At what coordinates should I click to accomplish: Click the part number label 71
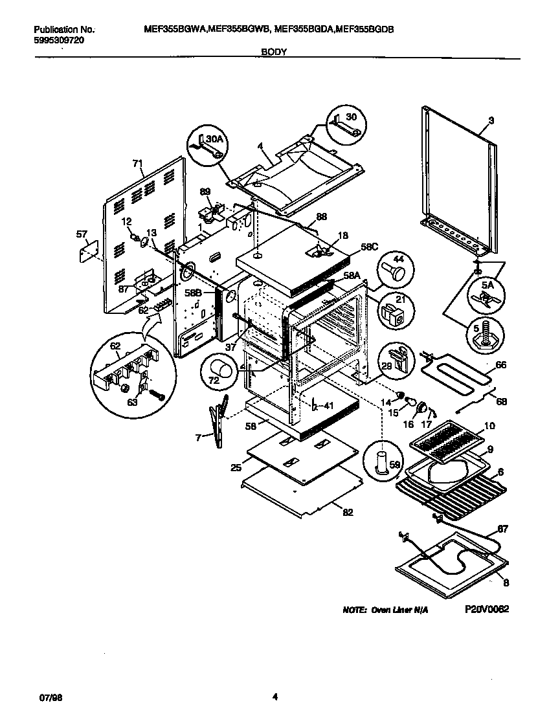pyautogui.click(x=137, y=164)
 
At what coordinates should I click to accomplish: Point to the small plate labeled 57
pyautogui.click(x=87, y=252)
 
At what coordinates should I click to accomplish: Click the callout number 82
pyautogui.click(x=348, y=513)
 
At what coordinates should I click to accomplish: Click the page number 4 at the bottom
pyautogui.click(x=274, y=697)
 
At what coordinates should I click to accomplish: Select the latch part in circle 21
pyautogui.click(x=394, y=317)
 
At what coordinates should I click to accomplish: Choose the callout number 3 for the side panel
pyautogui.click(x=491, y=121)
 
